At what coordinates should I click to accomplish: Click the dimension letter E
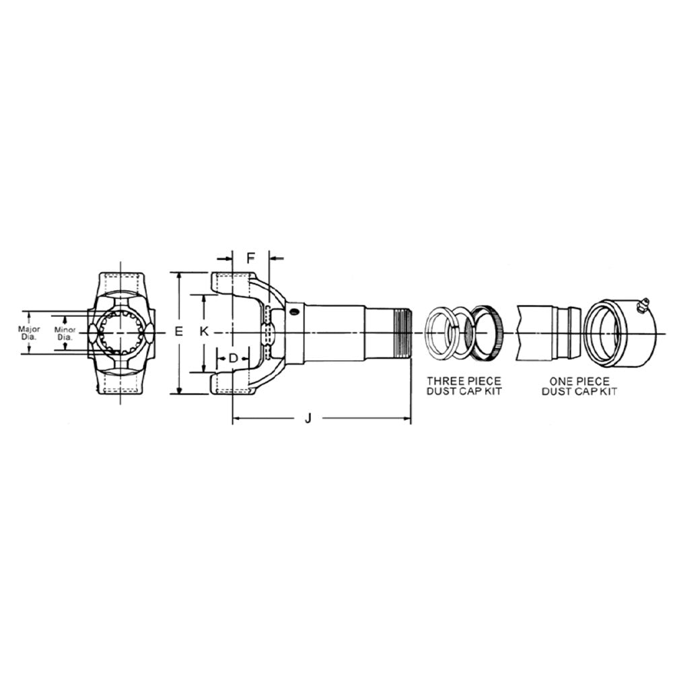[x=178, y=331]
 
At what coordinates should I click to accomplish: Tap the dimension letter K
[x=205, y=331]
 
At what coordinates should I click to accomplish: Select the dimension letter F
[x=250, y=258]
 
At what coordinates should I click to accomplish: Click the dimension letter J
[x=308, y=419]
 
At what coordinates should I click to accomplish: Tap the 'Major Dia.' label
[x=29, y=332]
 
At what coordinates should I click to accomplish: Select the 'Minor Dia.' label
[x=65, y=333]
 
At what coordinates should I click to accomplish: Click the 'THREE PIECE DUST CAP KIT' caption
[x=464, y=386]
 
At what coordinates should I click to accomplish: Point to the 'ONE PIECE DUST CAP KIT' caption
[x=579, y=386]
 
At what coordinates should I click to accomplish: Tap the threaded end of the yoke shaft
[x=402, y=332]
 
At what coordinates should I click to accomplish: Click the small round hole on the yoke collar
[x=293, y=312]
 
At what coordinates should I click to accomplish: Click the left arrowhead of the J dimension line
[x=236, y=419]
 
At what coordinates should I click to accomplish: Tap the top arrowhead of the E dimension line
[x=178, y=276]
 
